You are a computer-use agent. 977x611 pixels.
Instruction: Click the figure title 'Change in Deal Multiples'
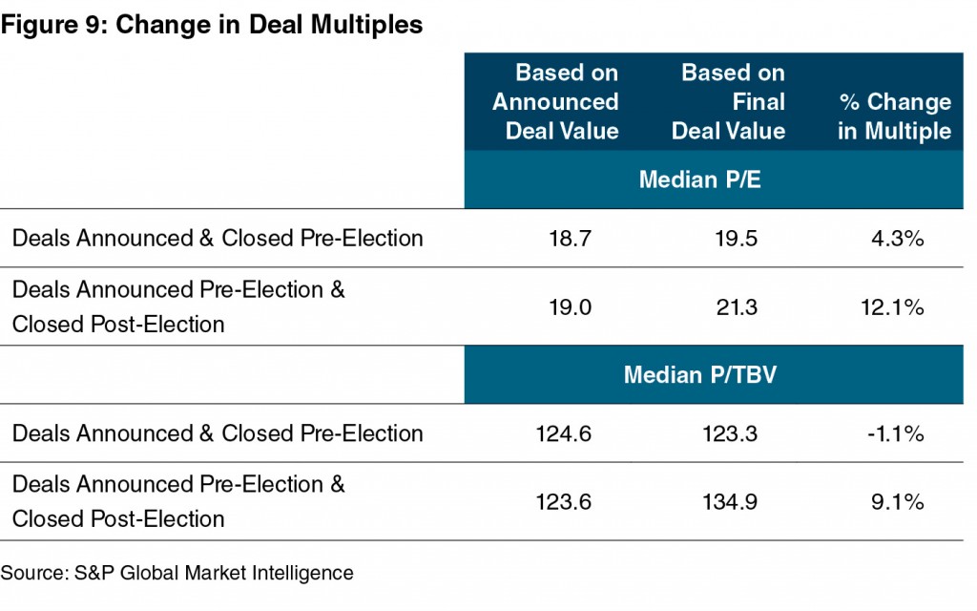click(x=269, y=25)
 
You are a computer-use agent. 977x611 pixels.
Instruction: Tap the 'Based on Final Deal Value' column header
click(x=728, y=101)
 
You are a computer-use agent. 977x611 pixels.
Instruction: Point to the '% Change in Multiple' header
click(x=894, y=116)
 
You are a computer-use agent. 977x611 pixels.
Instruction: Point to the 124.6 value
click(x=564, y=433)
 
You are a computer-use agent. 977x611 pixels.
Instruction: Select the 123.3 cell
click(x=730, y=433)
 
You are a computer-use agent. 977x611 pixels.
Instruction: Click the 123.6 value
click(x=564, y=502)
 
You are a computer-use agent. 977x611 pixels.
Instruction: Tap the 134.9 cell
click(x=730, y=502)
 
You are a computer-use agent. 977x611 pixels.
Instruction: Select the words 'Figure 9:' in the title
click(x=53, y=25)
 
